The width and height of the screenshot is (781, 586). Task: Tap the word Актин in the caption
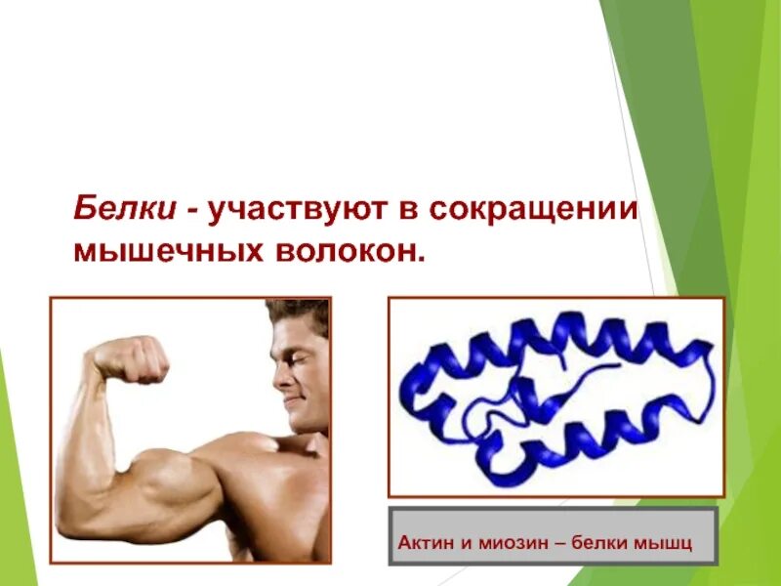(421, 542)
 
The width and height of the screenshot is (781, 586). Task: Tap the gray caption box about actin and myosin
(553, 536)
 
